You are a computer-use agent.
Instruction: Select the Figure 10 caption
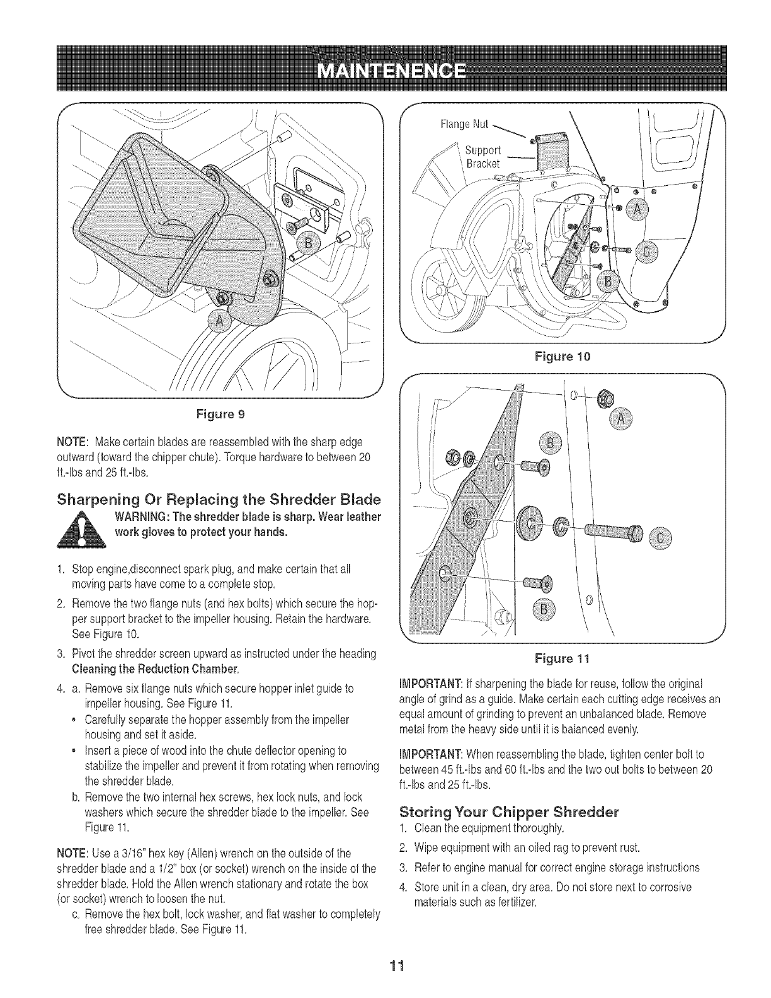click(x=561, y=358)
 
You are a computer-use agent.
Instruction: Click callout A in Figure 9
click(x=220, y=322)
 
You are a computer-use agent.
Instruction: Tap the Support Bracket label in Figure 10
click(x=483, y=157)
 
